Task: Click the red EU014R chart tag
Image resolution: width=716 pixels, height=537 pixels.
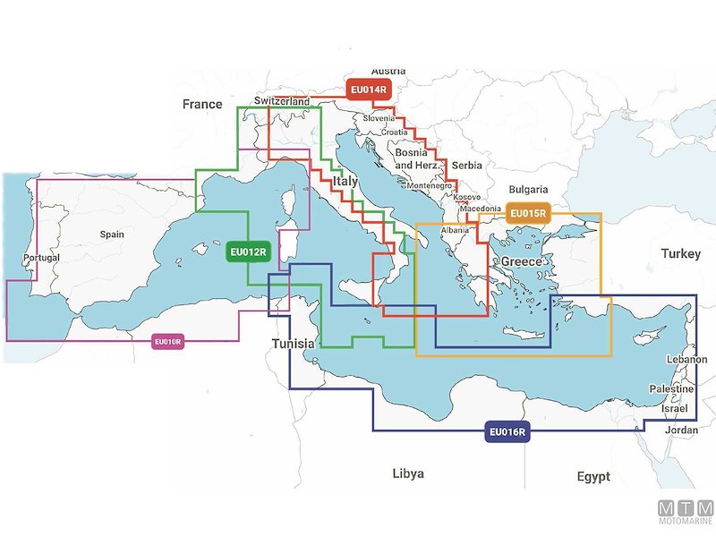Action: click(x=369, y=89)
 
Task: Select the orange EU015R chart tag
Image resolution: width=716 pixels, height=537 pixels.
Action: click(x=528, y=214)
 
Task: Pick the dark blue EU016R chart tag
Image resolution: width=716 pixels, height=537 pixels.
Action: click(x=508, y=433)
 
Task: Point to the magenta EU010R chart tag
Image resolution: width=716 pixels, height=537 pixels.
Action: click(x=168, y=341)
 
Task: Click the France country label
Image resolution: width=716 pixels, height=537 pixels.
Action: click(x=202, y=105)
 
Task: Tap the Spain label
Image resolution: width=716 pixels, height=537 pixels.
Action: click(x=112, y=234)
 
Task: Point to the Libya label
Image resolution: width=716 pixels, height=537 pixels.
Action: click(x=408, y=473)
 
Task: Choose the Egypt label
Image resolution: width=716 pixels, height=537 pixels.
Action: click(x=593, y=476)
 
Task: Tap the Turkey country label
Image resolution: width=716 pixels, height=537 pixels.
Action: click(x=681, y=254)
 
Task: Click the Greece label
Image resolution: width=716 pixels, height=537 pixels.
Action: click(x=522, y=261)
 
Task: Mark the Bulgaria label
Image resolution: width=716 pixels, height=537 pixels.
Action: click(x=528, y=190)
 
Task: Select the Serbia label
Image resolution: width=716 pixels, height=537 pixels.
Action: click(x=467, y=166)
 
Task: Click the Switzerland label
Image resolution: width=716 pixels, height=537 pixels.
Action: click(x=282, y=102)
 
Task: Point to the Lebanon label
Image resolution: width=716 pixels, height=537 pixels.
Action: click(x=687, y=360)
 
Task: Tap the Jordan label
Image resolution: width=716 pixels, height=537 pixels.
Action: click(x=682, y=430)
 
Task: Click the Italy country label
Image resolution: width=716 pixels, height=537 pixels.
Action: click(x=345, y=182)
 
